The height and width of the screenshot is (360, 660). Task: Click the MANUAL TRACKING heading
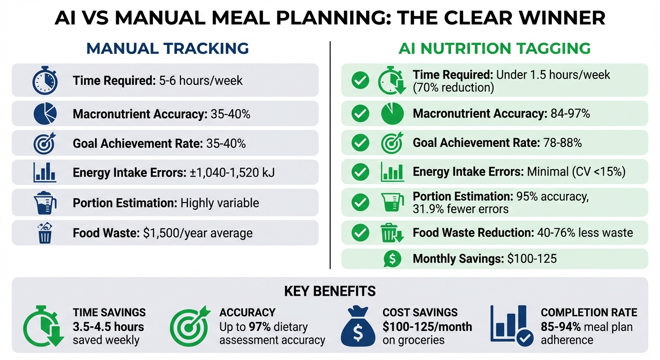pyautogui.click(x=167, y=48)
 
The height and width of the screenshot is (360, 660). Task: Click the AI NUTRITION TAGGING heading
pyautogui.click(x=494, y=48)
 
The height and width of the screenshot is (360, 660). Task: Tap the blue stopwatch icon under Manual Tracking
pyautogui.click(x=45, y=81)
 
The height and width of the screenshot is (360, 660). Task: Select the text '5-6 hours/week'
pyautogui.click(x=201, y=81)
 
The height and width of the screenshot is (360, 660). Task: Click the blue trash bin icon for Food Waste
pyautogui.click(x=45, y=233)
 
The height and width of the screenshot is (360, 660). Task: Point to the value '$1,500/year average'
pyautogui.click(x=197, y=233)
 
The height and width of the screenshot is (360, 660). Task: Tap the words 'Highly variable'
pyautogui.click(x=219, y=203)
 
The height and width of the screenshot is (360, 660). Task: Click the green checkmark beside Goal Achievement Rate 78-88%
pyautogui.click(x=360, y=143)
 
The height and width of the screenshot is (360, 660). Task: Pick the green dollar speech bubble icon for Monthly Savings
pyautogui.click(x=392, y=259)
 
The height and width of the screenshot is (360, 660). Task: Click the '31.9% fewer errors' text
pyautogui.click(x=461, y=209)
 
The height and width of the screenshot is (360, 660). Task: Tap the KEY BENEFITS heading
pyautogui.click(x=330, y=291)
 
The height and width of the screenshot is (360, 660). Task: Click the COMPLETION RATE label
pyautogui.click(x=589, y=313)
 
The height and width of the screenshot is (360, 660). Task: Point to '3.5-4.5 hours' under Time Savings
pyautogui.click(x=108, y=327)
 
